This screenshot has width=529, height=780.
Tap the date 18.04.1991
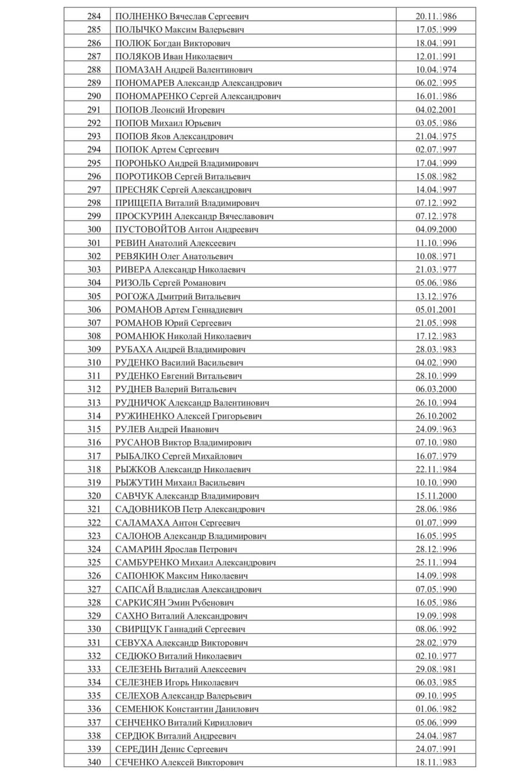pos(436,43)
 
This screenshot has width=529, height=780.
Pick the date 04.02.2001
pos(436,110)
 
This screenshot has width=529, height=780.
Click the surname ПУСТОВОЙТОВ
pos(149,230)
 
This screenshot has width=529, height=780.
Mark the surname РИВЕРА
pos(132,269)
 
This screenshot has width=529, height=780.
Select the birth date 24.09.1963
pos(436,429)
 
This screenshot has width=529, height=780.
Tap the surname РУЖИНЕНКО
pos(144,416)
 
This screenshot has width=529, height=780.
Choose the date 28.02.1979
pos(436,642)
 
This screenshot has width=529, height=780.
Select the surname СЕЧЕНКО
pos(136,762)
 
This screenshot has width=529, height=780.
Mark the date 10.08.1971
pos(436,257)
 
